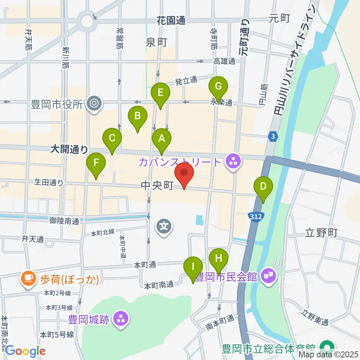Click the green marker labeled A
162,139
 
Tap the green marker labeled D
263,187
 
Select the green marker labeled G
218,87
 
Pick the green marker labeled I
193,267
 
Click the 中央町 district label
157,185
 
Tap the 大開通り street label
69,150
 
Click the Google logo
25,351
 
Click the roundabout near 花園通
87,21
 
